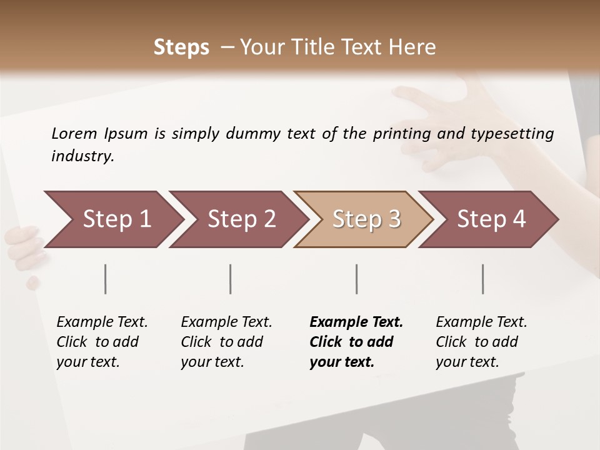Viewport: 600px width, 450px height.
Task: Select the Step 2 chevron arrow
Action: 241,219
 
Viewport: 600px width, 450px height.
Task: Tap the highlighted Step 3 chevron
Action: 366,219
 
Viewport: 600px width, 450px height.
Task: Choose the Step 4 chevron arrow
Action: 491,219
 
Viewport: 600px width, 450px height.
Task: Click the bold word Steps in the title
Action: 181,47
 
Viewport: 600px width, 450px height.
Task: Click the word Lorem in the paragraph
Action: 74,133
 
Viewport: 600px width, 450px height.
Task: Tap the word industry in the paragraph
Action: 82,156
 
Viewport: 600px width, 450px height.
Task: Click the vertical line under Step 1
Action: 106,279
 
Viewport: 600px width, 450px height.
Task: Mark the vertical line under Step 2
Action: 231,279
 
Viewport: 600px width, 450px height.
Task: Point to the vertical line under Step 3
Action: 356,279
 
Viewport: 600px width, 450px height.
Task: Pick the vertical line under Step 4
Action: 482,279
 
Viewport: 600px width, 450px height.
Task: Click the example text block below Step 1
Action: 102,342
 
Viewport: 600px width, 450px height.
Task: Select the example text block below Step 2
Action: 226,342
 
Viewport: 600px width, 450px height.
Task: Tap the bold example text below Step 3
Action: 356,342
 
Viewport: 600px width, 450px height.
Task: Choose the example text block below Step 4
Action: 481,342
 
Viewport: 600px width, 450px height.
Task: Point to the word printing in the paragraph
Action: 399,133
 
